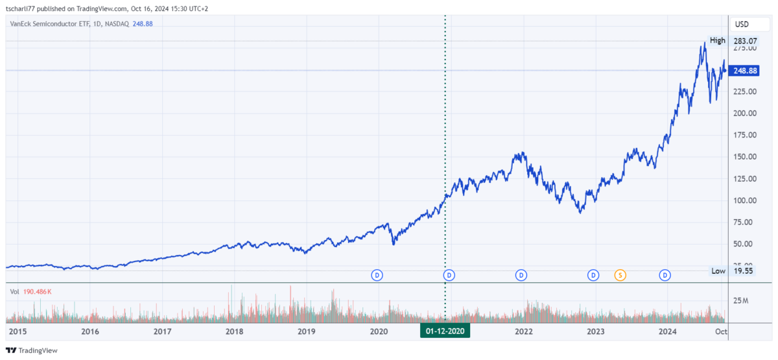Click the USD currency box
(741, 24)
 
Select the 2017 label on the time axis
(162, 331)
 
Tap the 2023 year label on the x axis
(596, 331)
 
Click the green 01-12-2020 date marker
(445, 331)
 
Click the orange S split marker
(620, 275)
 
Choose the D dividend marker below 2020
(377, 275)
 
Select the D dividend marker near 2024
(665, 275)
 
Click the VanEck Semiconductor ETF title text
(51, 23)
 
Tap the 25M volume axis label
(742, 300)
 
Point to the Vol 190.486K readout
(30, 292)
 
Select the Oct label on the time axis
(720, 331)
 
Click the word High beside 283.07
(717, 41)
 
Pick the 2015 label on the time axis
(18, 331)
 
